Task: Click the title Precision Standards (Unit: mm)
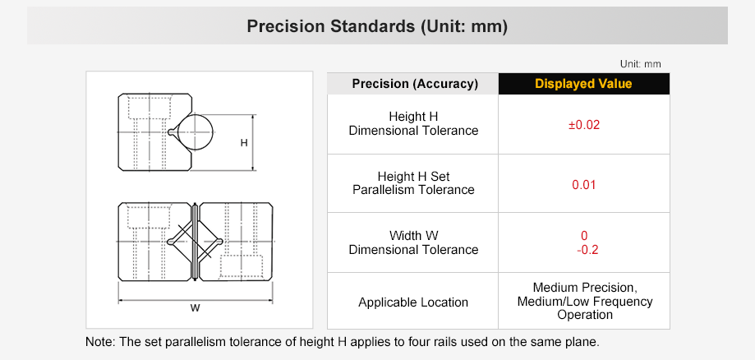(x=377, y=26)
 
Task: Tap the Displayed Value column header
(x=583, y=84)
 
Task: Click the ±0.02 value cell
(x=583, y=125)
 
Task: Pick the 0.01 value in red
(x=583, y=184)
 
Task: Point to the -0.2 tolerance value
(x=583, y=250)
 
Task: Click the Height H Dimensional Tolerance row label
(x=413, y=123)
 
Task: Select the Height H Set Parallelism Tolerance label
(x=413, y=183)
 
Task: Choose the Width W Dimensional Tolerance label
(x=413, y=242)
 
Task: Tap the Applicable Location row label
(x=413, y=302)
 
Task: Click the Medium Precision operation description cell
(x=584, y=301)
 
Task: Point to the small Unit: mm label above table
(x=640, y=63)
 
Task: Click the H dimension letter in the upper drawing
(x=243, y=143)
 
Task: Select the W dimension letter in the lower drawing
(x=195, y=308)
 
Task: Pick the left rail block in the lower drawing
(x=154, y=241)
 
